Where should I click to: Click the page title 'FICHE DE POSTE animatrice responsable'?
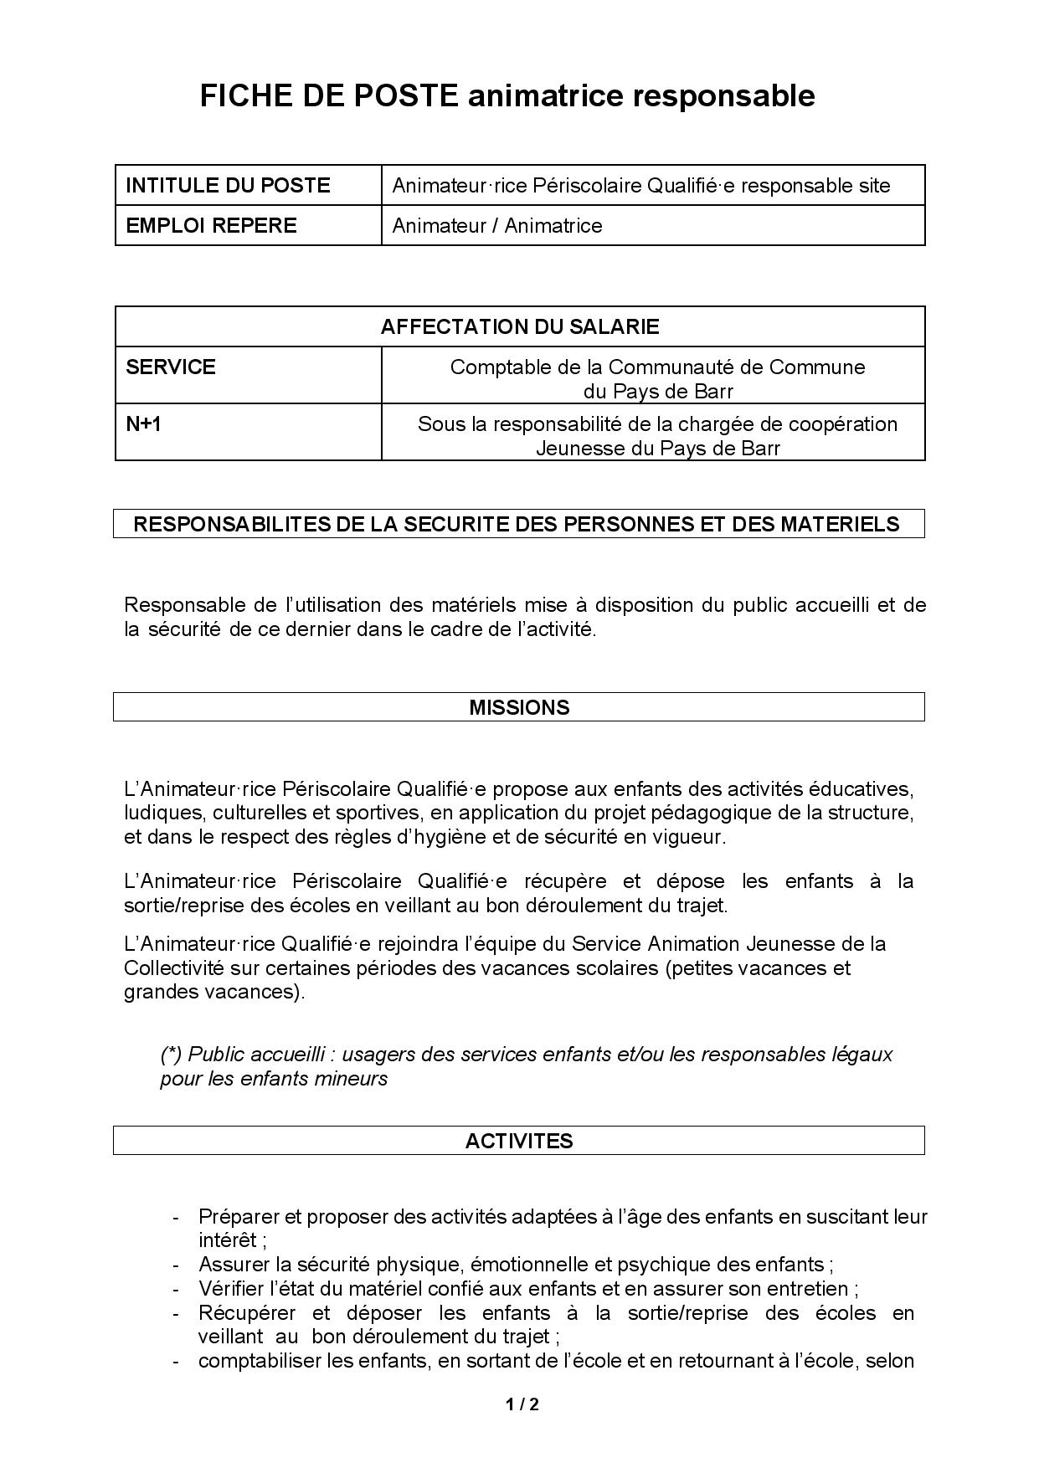tap(507, 96)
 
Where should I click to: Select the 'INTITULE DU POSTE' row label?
tap(228, 185)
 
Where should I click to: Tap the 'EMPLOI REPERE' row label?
tap(211, 225)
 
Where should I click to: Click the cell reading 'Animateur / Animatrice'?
tap(497, 225)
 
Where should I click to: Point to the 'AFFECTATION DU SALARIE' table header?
tap(519, 326)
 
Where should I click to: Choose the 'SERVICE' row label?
tap(171, 367)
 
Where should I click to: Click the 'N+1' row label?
tap(143, 423)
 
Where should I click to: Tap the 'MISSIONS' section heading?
tap(519, 707)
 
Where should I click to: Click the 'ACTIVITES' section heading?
tap(519, 1141)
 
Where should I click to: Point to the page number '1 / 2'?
tap(522, 1404)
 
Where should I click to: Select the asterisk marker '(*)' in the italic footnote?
tap(172, 1054)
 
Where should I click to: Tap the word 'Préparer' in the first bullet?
tap(236, 1216)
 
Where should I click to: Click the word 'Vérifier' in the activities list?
tap(229, 1288)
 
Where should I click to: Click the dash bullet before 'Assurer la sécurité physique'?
tap(175, 1265)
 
